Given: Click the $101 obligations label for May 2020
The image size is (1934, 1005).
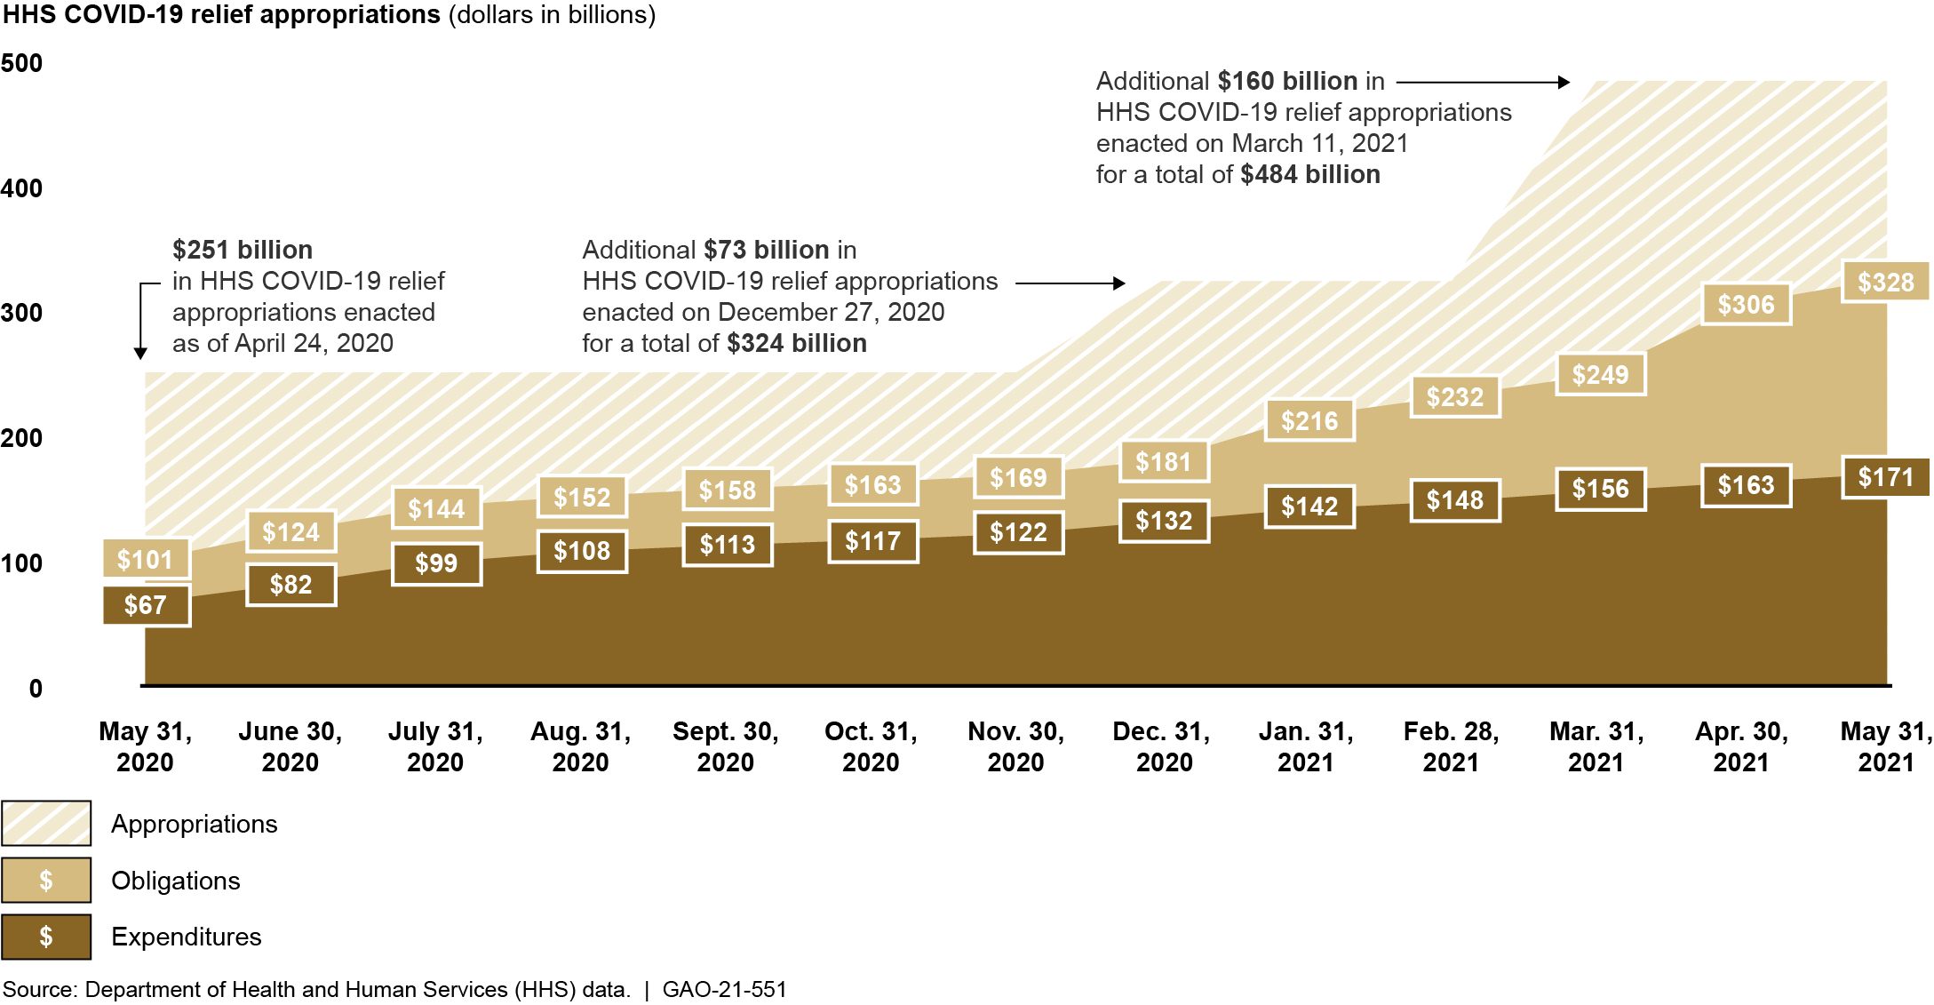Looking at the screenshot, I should tap(146, 559).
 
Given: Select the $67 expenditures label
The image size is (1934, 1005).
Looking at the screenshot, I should tap(146, 605).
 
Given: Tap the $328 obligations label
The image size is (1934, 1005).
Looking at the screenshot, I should tap(1885, 283).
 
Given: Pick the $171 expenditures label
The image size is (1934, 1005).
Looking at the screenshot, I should tap(1885, 477).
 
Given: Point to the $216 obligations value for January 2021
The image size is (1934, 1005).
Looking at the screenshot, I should tap(1309, 420).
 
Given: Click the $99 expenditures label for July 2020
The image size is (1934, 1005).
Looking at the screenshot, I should tap(436, 563).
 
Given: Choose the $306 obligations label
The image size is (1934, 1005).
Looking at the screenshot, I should tap(1746, 305).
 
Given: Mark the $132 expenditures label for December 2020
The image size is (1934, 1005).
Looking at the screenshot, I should tap(1164, 521).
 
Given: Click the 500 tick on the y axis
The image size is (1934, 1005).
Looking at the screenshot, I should tap(22, 63).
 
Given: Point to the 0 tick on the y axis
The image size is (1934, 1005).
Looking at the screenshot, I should tap(36, 689).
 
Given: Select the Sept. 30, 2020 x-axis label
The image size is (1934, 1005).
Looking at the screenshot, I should tap(726, 746).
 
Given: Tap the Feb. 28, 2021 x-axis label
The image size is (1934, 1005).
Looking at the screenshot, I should tap(1451, 746).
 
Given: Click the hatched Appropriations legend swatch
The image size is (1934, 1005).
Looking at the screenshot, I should tap(46, 823).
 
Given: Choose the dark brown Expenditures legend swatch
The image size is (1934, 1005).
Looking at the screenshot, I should tap(46, 937).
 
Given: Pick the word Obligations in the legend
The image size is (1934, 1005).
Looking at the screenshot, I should tap(176, 881).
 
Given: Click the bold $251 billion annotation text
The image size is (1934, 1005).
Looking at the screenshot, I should tap(243, 250).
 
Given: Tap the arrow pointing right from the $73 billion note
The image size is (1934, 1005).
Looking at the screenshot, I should tap(1070, 283).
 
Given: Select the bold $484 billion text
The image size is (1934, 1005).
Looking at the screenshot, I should tap(1310, 174).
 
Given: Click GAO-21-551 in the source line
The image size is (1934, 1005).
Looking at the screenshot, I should tap(725, 989).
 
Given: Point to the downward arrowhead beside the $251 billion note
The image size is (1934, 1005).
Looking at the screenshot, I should tap(140, 353).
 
